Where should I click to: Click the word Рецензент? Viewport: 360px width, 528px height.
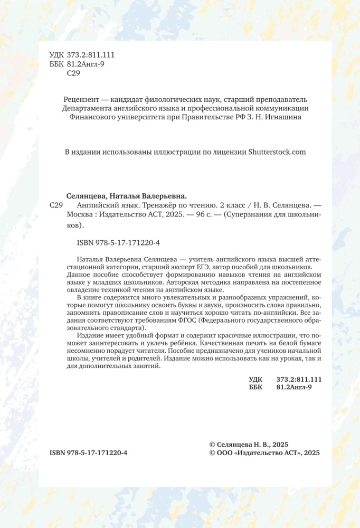click(81, 99)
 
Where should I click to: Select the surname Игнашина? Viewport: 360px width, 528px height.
click(283, 118)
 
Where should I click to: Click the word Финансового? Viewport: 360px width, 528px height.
click(92, 118)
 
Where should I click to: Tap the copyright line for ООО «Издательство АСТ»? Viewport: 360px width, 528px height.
click(264, 452)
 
